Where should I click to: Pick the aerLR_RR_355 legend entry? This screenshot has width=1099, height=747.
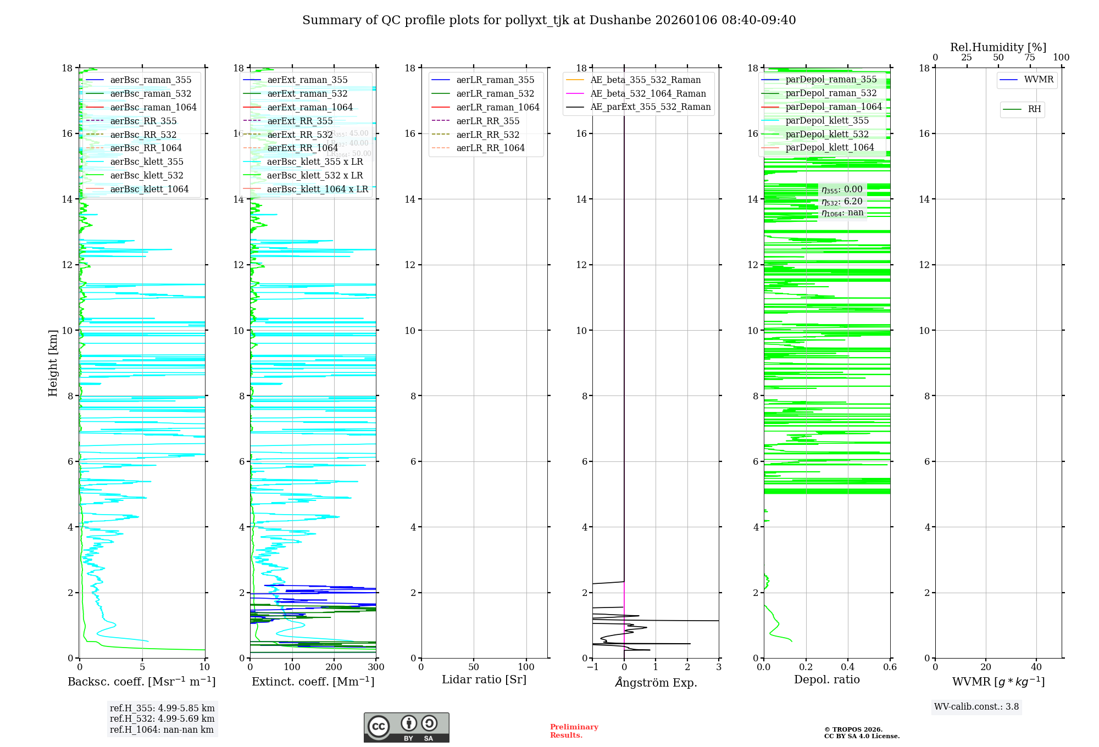tap(487, 121)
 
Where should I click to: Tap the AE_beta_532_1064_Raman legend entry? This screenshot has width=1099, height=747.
tap(648, 93)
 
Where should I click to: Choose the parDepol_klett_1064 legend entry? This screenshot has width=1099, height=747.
tap(829, 147)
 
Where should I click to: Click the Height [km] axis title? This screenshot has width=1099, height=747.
tap(53, 363)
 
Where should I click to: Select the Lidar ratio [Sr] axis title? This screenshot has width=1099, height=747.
tap(484, 679)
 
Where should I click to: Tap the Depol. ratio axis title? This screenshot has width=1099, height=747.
tap(827, 679)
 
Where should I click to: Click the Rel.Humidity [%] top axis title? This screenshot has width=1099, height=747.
tap(998, 47)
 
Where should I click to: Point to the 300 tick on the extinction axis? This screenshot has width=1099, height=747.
tap(376, 667)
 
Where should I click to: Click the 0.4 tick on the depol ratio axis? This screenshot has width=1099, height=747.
tap(848, 667)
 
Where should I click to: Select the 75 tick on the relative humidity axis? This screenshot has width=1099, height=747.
tap(1030, 58)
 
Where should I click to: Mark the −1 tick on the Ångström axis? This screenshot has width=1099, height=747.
tap(592, 667)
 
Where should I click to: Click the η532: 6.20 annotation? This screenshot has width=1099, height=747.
tap(842, 202)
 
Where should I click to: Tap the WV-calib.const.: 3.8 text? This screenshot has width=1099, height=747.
tap(976, 707)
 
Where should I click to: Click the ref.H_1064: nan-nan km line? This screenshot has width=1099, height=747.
tap(162, 730)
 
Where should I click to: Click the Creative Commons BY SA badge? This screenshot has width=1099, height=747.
tap(406, 728)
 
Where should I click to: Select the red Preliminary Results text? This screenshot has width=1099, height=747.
tap(574, 731)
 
